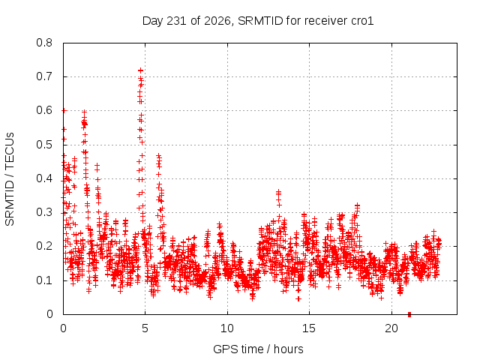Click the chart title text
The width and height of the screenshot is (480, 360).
coord(258,21)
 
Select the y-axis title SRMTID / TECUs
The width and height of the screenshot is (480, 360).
coord(10,179)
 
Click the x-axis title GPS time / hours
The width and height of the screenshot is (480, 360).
coord(258,349)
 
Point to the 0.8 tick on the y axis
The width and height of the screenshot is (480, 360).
coord(44,43)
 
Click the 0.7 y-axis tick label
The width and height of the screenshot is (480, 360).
coord(44,76)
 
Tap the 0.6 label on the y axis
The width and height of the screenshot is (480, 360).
coord(44,110)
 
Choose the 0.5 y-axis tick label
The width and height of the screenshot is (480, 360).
coord(44,145)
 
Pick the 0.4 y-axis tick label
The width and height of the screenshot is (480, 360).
coord(44,178)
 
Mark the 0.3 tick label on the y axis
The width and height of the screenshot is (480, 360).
coord(44,212)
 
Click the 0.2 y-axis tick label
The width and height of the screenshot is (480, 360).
coord(44,246)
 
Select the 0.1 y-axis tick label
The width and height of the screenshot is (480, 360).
coord(44,280)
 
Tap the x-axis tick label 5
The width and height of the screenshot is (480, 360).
coord(145,328)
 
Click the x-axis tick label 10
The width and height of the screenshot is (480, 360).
coord(227,328)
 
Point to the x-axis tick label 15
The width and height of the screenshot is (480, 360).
coord(309,328)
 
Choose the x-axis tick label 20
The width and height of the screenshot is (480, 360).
coord(391,328)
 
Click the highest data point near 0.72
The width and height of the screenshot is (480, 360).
coord(140,70)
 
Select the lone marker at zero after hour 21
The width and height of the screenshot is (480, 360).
coord(409,314)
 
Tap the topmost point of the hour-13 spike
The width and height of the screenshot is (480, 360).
coord(278,192)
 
